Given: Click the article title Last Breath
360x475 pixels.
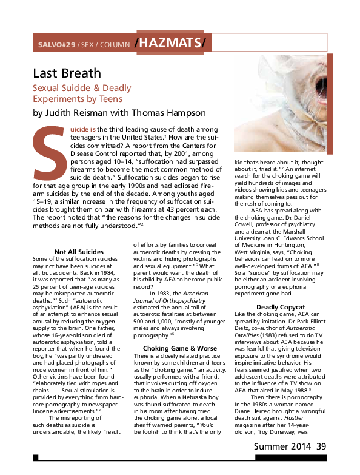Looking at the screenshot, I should pyautogui.click(x=67, y=73).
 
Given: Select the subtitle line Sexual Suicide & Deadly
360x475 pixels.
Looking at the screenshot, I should pyautogui.click(x=82, y=88).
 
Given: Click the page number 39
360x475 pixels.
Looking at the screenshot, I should pyautogui.click(x=321, y=463).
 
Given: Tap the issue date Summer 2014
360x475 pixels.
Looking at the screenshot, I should pyautogui.click(x=281, y=463).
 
